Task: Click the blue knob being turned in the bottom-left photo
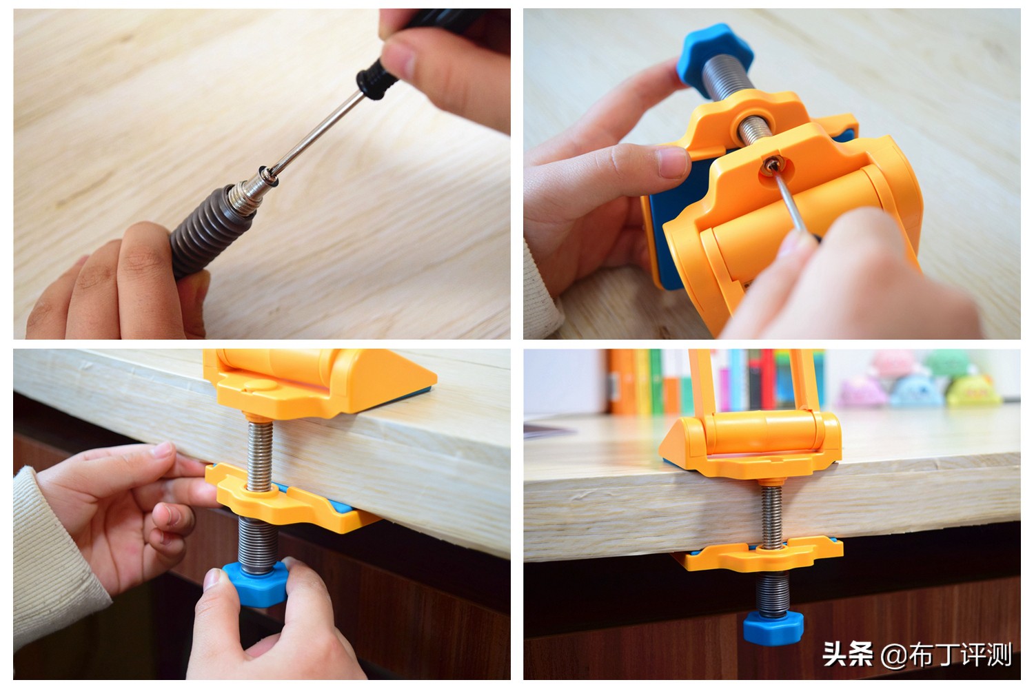(256, 584)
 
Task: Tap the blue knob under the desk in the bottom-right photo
(773, 627)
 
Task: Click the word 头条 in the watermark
(847, 654)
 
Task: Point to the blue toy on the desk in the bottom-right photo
(917, 391)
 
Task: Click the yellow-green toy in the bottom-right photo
(972, 391)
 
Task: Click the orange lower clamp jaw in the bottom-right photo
(757, 555)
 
